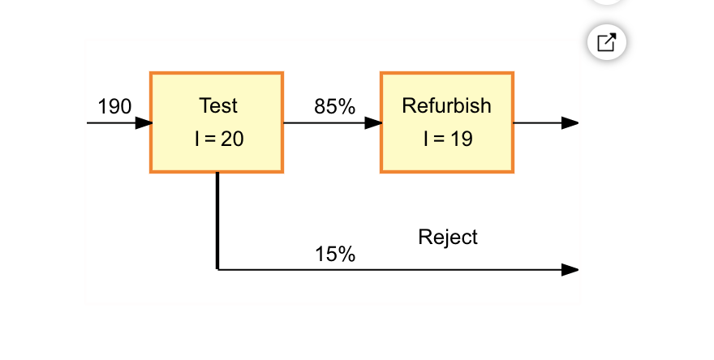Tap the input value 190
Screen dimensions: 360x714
click(114, 106)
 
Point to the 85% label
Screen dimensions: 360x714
click(335, 106)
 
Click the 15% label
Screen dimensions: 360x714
click(335, 254)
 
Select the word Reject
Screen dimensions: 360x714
click(448, 237)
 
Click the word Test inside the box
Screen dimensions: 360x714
click(218, 105)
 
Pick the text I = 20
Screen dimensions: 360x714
click(218, 139)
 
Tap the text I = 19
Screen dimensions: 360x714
click(447, 139)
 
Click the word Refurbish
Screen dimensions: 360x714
click(447, 105)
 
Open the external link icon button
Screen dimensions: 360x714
click(607, 41)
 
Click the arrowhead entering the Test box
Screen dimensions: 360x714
click(143, 123)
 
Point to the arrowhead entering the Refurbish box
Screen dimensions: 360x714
click(373, 123)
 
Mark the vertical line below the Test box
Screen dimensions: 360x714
click(217, 219)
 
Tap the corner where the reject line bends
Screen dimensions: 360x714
click(217, 268)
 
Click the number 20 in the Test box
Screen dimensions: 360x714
click(232, 139)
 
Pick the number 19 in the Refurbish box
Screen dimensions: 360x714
click(461, 139)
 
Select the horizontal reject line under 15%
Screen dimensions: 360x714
click(389, 269)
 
